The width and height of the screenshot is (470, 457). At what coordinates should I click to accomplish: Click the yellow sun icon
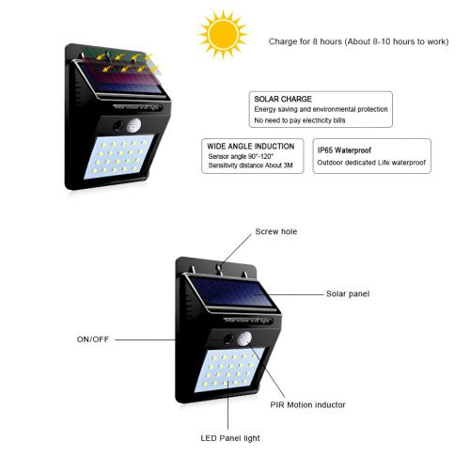click(223, 34)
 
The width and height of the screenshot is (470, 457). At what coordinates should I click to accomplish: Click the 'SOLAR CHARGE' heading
click(283, 99)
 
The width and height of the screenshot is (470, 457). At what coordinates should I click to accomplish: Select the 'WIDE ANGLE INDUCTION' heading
click(251, 147)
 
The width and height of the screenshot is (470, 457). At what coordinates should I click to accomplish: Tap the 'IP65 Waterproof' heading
click(344, 150)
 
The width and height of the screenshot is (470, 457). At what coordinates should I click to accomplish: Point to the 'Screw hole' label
click(276, 231)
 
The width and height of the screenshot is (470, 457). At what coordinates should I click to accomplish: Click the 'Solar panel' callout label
click(348, 293)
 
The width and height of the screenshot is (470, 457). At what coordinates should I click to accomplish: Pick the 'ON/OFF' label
click(93, 339)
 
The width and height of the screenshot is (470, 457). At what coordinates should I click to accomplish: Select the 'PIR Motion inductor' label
click(307, 404)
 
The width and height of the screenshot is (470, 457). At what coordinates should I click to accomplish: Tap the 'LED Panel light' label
click(230, 438)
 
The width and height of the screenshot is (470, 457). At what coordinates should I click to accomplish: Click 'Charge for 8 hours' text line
click(358, 41)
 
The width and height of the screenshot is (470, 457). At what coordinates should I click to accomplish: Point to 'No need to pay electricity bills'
click(300, 120)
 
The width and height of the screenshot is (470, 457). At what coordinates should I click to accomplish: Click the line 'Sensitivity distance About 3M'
click(250, 165)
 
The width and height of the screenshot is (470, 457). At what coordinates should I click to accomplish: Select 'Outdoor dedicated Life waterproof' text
click(371, 163)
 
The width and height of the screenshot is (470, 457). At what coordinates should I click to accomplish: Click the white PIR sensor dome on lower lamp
click(244, 339)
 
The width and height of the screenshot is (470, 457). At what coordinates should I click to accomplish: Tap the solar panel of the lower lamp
click(231, 292)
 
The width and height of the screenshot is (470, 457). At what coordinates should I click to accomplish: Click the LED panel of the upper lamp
click(119, 156)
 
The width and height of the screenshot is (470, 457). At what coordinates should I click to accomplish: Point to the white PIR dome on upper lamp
click(133, 126)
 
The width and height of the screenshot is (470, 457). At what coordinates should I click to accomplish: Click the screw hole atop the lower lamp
click(220, 267)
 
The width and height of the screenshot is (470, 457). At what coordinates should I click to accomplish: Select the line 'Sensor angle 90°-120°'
click(241, 156)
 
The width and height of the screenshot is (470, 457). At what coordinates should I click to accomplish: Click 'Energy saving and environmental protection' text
click(321, 109)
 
